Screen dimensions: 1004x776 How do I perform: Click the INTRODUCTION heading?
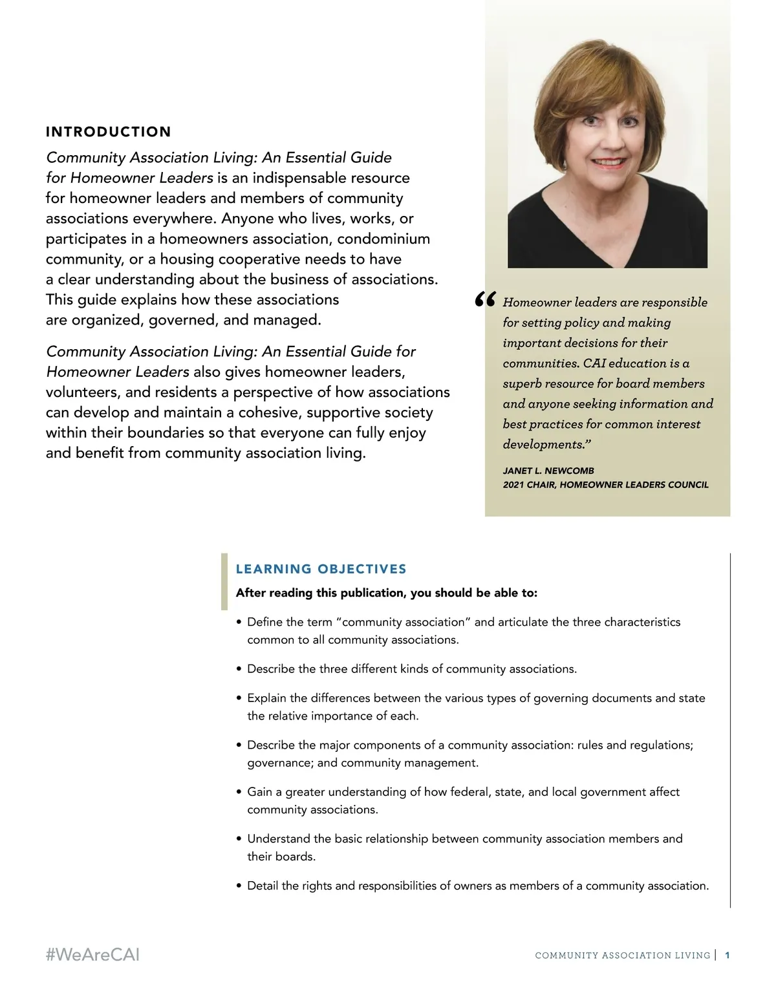click(x=108, y=132)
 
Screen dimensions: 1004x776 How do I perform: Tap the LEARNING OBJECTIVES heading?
click(x=321, y=569)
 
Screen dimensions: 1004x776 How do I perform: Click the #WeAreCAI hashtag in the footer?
click(x=92, y=955)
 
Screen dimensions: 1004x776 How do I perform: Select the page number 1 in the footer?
click(x=727, y=955)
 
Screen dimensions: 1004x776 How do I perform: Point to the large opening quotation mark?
click(x=485, y=300)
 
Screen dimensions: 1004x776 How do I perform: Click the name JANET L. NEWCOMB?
click(x=548, y=471)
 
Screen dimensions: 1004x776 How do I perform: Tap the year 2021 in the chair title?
click(x=513, y=485)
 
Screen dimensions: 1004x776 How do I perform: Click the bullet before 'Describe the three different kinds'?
click(x=239, y=669)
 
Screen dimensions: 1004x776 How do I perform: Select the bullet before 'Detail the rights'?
click(x=239, y=886)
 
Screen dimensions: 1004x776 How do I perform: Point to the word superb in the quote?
click(x=522, y=383)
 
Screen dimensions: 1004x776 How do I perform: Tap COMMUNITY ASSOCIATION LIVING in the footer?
click(x=622, y=956)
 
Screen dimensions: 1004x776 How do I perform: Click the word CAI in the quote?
click(x=594, y=363)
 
